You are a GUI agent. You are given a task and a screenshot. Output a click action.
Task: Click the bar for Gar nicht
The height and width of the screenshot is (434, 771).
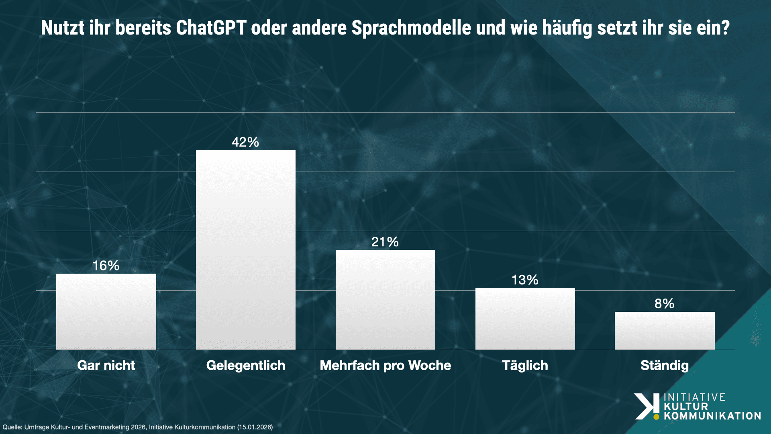click(x=106, y=311)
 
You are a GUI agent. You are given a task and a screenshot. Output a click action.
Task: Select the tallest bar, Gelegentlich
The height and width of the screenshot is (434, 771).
click(x=245, y=250)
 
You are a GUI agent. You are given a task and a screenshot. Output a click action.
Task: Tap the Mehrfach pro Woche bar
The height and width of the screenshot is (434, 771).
click(x=385, y=300)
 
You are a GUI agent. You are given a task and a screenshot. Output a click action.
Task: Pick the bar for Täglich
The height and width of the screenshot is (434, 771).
click(x=525, y=319)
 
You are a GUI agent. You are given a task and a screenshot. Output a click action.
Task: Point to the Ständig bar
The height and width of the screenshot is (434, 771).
click(x=665, y=330)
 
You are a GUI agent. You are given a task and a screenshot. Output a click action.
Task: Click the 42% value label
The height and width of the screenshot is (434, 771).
click(x=245, y=142)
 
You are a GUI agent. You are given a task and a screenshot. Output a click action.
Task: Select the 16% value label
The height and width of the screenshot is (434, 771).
click(x=106, y=266)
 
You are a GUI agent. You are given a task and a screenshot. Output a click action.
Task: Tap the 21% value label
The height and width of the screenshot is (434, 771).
click(x=385, y=242)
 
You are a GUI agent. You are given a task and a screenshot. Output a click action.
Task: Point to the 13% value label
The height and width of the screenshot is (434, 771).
click(x=525, y=280)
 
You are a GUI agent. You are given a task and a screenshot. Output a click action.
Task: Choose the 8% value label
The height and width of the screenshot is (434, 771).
click(x=665, y=304)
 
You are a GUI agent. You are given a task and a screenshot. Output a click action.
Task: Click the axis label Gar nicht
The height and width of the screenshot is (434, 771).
click(x=106, y=365)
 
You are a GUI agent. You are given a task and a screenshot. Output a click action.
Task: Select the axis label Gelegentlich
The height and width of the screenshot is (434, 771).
click(x=245, y=365)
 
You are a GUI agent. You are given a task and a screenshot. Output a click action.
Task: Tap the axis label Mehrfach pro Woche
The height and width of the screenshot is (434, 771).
click(x=385, y=365)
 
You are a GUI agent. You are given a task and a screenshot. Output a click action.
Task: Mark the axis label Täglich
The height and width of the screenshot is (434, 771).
click(x=525, y=365)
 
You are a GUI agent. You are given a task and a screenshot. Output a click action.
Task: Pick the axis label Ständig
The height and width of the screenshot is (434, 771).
click(x=665, y=365)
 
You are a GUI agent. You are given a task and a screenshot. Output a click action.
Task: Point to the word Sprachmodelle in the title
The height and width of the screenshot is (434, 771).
click(x=411, y=28)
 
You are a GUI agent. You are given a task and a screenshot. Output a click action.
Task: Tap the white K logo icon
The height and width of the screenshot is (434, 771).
click(x=647, y=406)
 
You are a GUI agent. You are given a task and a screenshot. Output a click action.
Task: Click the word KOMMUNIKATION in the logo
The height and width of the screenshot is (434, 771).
click(x=712, y=416)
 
